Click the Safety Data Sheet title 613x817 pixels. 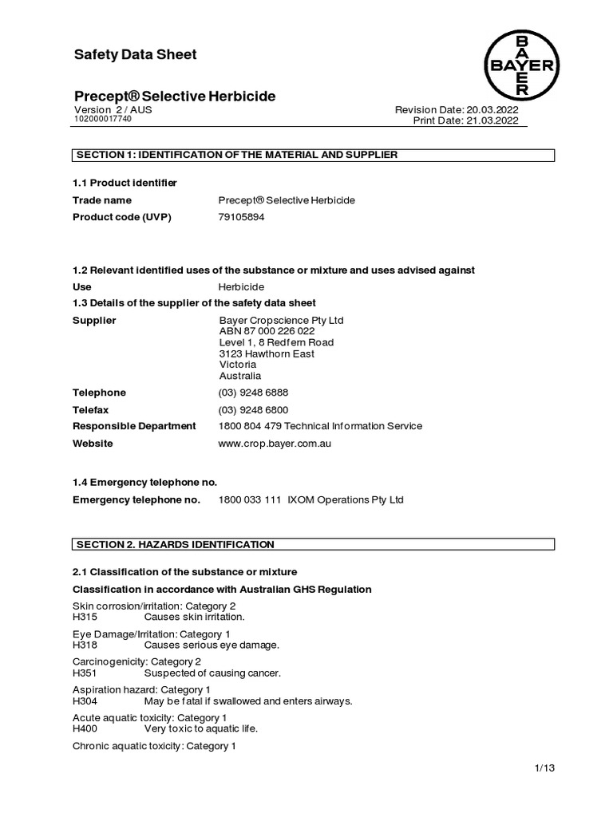click(x=135, y=55)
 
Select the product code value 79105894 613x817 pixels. click(x=241, y=217)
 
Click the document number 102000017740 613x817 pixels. click(x=103, y=120)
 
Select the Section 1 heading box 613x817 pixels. click(x=313, y=155)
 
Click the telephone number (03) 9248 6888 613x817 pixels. click(x=254, y=393)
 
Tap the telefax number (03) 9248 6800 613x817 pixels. click(x=254, y=409)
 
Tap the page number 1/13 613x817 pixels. click(x=544, y=768)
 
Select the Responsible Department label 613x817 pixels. click(x=134, y=426)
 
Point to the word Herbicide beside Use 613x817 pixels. click(x=242, y=286)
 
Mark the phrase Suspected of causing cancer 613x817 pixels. click(x=212, y=673)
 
